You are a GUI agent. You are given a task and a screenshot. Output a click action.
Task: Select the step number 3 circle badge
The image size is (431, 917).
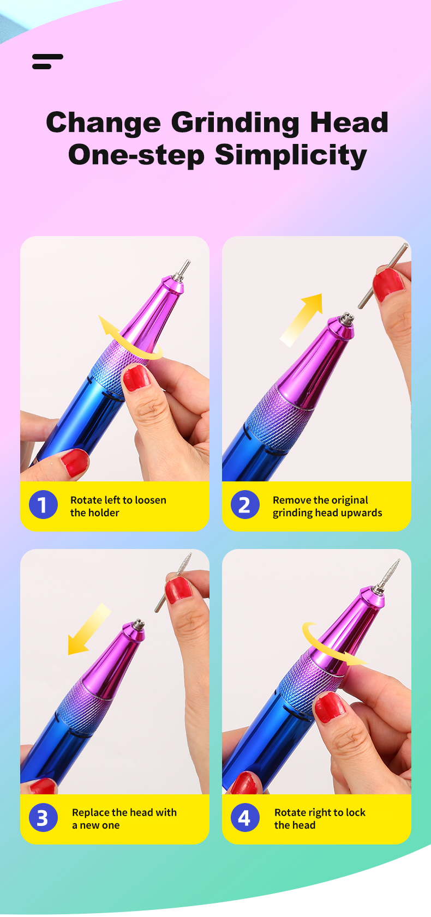(43, 817)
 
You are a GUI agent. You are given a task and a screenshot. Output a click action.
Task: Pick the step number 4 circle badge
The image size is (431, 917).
(245, 817)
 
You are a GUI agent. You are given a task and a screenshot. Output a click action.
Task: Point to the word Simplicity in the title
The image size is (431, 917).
(291, 155)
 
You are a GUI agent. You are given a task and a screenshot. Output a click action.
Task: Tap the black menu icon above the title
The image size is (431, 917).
(47, 62)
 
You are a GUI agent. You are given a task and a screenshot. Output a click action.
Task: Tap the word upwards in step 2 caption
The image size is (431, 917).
(361, 513)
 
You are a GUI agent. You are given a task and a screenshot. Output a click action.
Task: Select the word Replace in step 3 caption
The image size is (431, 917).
(91, 812)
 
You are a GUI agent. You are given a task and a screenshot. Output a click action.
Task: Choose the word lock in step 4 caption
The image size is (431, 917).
(355, 812)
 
